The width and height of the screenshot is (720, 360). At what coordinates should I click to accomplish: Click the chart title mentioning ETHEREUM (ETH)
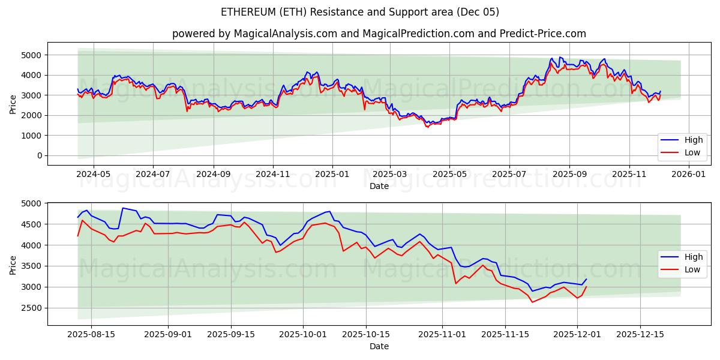click(x=359, y=12)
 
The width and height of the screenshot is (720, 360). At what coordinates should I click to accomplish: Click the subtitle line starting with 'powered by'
click(x=379, y=34)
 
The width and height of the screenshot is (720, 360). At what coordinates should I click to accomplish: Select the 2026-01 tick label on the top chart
click(x=689, y=173)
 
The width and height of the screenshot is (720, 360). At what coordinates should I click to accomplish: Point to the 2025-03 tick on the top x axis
click(x=391, y=173)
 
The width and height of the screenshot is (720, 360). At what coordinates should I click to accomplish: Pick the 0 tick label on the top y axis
click(x=38, y=155)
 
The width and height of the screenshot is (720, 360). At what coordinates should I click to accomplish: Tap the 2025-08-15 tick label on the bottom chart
click(x=91, y=334)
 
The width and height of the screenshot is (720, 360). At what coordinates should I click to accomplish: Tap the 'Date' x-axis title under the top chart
click(x=379, y=186)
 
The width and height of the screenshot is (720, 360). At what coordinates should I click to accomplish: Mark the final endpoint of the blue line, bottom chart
click(x=586, y=279)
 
